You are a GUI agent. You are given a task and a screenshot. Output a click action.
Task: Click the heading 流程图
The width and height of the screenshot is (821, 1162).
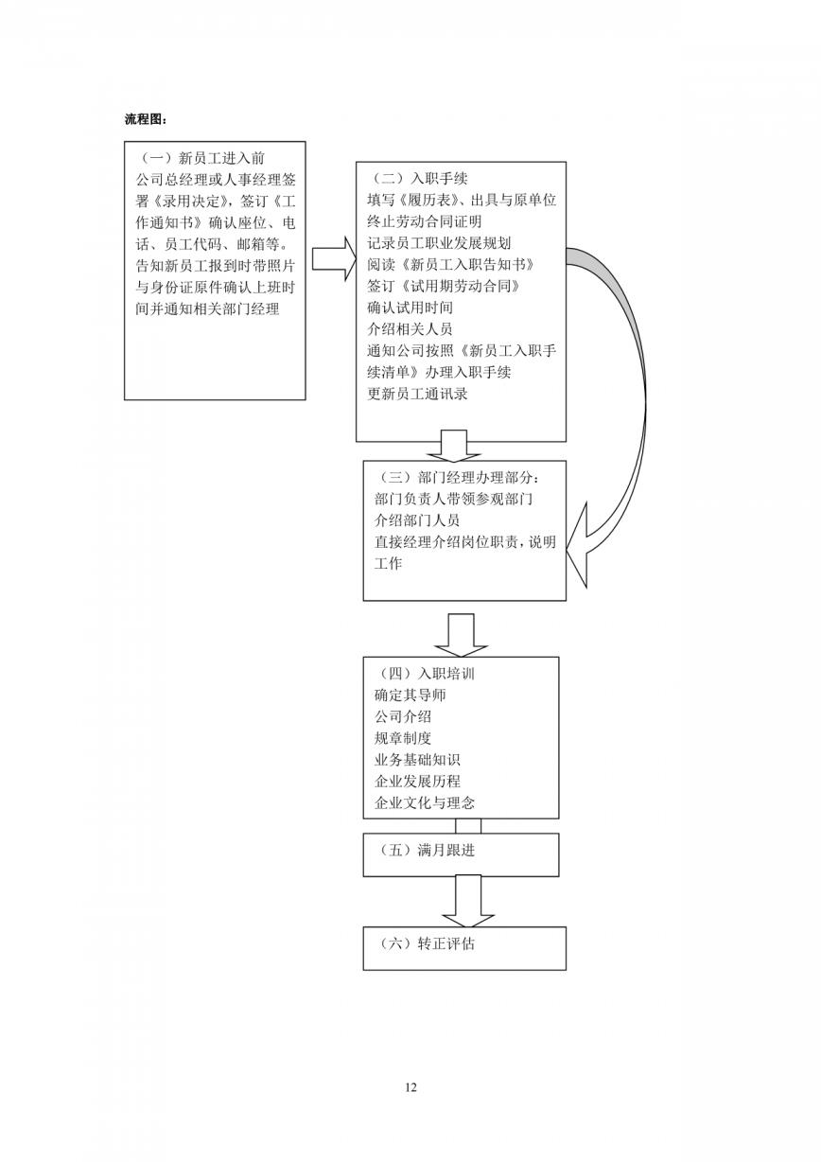pyautogui.click(x=146, y=119)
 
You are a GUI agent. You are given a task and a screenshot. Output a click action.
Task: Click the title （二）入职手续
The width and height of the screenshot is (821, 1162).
pyautogui.click(x=418, y=179)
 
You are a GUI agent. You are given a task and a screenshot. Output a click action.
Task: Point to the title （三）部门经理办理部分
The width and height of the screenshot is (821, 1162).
pyautogui.click(x=457, y=477)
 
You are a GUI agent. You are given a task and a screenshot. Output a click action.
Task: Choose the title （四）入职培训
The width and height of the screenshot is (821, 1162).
pyautogui.click(x=425, y=674)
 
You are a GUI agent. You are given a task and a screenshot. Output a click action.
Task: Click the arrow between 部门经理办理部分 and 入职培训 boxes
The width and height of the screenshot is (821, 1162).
pyautogui.click(x=461, y=636)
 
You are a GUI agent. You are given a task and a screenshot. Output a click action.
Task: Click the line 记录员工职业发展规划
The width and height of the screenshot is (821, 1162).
pyautogui.click(x=439, y=243)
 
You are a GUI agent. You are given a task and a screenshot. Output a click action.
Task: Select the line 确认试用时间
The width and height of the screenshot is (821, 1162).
pyautogui.click(x=410, y=308)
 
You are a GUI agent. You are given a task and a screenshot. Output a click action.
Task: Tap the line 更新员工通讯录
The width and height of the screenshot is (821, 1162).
pyautogui.click(x=417, y=394)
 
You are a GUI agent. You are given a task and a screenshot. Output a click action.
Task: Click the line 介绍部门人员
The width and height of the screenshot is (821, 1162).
pyautogui.click(x=417, y=520)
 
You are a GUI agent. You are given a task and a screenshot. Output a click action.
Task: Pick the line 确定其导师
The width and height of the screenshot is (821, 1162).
pyautogui.click(x=410, y=695)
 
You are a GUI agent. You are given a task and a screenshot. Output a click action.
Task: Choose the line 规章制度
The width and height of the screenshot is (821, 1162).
pyautogui.click(x=403, y=738)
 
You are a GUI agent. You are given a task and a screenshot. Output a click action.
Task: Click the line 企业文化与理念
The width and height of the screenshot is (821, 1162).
pyautogui.click(x=425, y=802)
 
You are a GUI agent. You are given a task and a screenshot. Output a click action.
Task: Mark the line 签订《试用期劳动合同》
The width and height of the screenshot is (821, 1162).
pyautogui.click(x=444, y=286)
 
